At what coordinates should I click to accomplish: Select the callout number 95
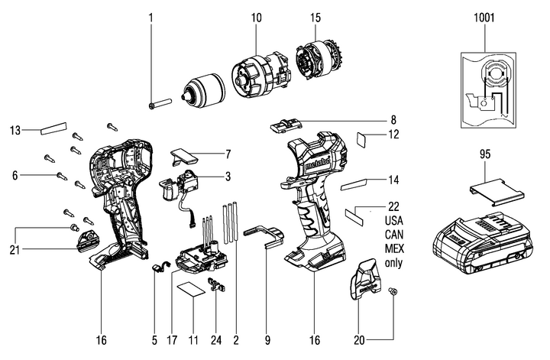tap(484, 155)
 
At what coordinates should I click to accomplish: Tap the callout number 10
tap(256, 16)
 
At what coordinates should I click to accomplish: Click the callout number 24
tap(215, 339)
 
